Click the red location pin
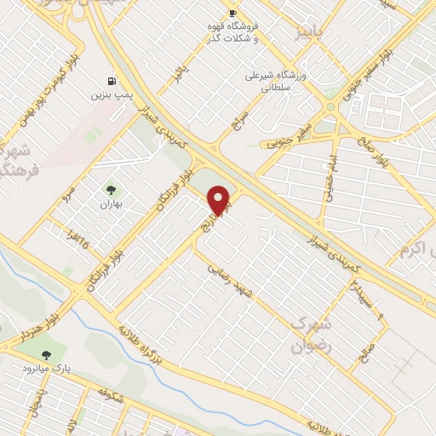click(220, 201)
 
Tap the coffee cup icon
click(232, 14)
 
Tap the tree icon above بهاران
click(110, 189)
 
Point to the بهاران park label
click(110, 204)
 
